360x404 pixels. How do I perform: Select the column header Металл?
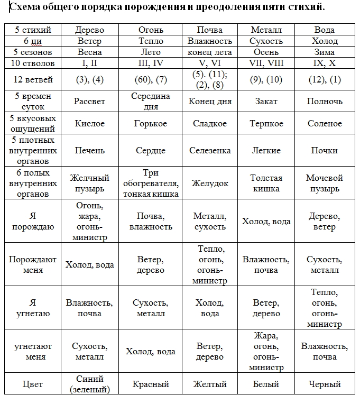pyautogui.click(x=266, y=30)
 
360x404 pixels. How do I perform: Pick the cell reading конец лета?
pyautogui.click(x=210, y=52)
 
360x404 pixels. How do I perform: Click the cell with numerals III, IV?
pyautogui.click(x=150, y=63)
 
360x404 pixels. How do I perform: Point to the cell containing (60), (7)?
pyautogui.click(x=150, y=80)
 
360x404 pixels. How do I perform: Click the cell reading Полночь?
pyautogui.click(x=325, y=101)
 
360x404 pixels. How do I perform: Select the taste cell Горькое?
pyautogui.click(x=150, y=123)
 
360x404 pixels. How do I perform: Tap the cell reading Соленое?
pyautogui.click(x=325, y=123)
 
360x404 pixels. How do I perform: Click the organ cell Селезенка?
pyautogui.click(x=210, y=150)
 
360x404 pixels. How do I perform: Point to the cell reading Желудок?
pyautogui.click(x=210, y=183)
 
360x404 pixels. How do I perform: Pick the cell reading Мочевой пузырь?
pyautogui.click(x=325, y=183)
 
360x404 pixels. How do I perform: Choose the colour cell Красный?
pyautogui.click(x=150, y=384)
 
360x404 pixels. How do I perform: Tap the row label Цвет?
pyautogui.click(x=33, y=384)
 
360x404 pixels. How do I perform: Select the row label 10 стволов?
pyautogui.click(x=33, y=63)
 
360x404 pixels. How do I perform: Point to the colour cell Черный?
pyautogui.click(x=325, y=384)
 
